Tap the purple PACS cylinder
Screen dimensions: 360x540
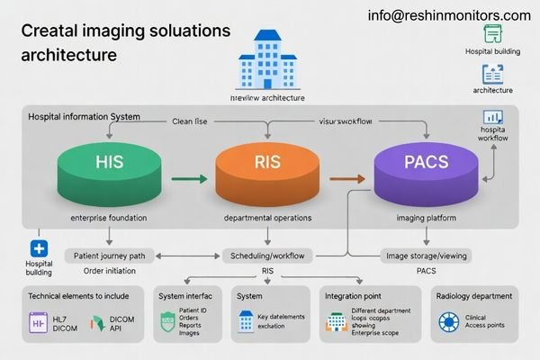(x=424, y=169)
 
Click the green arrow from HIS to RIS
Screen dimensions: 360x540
(x=185, y=179)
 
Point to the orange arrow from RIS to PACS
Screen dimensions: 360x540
(x=346, y=179)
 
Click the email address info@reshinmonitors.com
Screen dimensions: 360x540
(x=449, y=15)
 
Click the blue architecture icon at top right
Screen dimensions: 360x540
(x=492, y=75)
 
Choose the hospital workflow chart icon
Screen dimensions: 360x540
(x=493, y=117)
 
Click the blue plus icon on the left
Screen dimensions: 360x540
(x=38, y=249)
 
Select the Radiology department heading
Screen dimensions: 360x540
(x=474, y=296)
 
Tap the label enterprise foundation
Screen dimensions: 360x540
(x=107, y=219)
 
